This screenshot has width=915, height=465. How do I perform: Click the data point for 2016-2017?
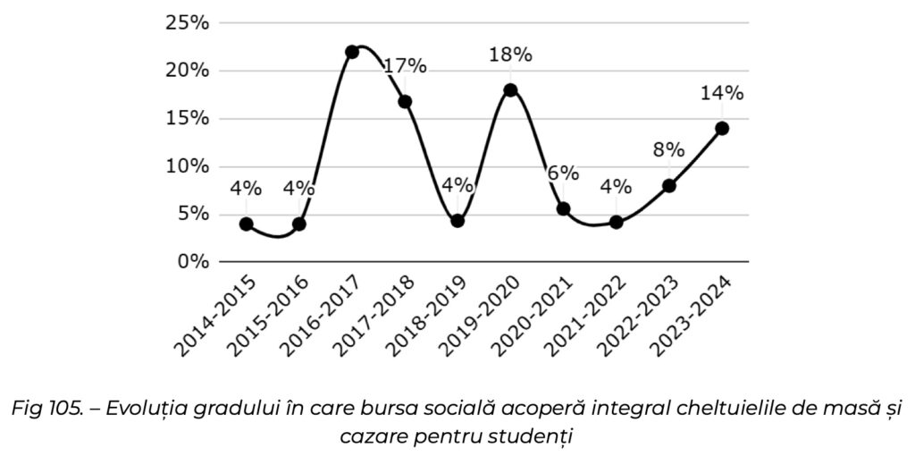[352, 52]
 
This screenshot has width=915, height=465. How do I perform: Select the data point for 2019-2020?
[510, 89]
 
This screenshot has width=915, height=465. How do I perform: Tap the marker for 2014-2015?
[246, 224]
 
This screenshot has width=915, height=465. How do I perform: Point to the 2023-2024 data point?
[722, 128]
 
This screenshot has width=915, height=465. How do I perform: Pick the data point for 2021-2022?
[616, 222]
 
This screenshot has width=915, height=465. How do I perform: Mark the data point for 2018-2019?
[457, 221]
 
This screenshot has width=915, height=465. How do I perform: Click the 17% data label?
[405, 67]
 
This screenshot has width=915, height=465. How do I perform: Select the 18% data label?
[510, 55]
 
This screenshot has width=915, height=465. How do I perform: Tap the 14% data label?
[722, 93]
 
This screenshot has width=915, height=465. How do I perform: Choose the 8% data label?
[669, 149]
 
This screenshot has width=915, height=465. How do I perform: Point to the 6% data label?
[563, 173]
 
